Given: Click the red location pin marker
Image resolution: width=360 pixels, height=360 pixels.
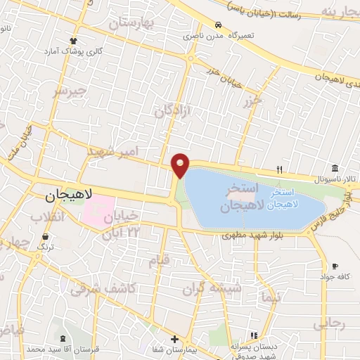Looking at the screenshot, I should click(181, 165).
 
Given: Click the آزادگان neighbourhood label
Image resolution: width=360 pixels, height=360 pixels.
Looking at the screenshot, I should click(173, 110).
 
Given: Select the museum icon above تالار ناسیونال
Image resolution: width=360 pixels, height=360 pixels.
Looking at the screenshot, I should click(335, 168).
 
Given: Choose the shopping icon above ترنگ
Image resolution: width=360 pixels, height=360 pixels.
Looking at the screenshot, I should click(46, 237).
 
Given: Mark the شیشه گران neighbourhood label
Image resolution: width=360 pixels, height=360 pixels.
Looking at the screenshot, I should click(221, 288).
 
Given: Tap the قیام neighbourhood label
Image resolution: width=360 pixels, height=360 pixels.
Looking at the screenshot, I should click(157, 262).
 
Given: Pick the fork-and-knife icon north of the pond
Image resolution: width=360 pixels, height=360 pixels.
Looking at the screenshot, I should click(279, 169).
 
